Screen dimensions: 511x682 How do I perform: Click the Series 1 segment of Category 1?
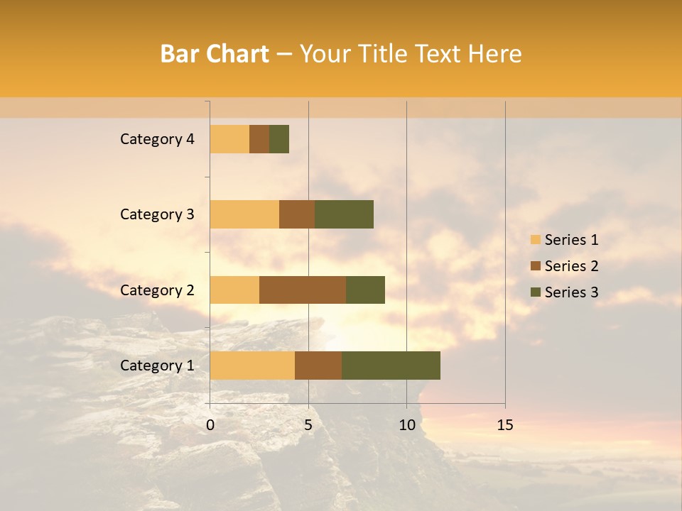pyautogui.click(x=252, y=365)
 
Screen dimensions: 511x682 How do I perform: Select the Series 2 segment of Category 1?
pyautogui.click(x=318, y=365)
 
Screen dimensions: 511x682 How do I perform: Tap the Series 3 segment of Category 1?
pyautogui.click(x=391, y=365)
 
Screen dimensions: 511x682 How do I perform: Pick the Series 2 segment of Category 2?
pyautogui.click(x=303, y=290)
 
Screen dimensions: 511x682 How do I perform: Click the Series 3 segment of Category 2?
pyautogui.click(x=365, y=290)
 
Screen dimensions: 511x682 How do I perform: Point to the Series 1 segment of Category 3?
pyautogui.click(x=244, y=214)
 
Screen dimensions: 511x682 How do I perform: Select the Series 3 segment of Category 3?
pyautogui.click(x=344, y=214)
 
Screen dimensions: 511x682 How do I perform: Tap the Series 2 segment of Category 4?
pyautogui.click(x=259, y=139)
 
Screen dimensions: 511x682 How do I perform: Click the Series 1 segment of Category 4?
pyautogui.click(x=229, y=139)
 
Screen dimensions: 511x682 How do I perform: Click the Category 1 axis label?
pyautogui.click(x=157, y=366)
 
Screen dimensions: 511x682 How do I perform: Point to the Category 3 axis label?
pyautogui.click(x=157, y=214)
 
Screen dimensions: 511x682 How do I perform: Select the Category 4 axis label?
pyautogui.click(x=157, y=139)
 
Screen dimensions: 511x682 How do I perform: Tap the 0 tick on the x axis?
pyautogui.click(x=210, y=425)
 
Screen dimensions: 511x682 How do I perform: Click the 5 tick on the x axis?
pyautogui.click(x=308, y=425)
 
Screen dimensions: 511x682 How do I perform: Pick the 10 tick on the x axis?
pyautogui.click(x=406, y=425)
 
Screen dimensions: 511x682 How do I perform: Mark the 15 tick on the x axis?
pyautogui.click(x=504, y=425)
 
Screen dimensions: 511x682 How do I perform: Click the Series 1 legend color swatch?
pyautogui.click(x=535, y=240)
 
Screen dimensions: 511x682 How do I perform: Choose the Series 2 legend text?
pyautogui.click(x=571, y=266)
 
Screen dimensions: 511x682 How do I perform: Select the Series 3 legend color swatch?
pyautogui.click(x=535, y=292)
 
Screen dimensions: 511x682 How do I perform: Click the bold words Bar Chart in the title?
pyautogui.click(x=215, y=54)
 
